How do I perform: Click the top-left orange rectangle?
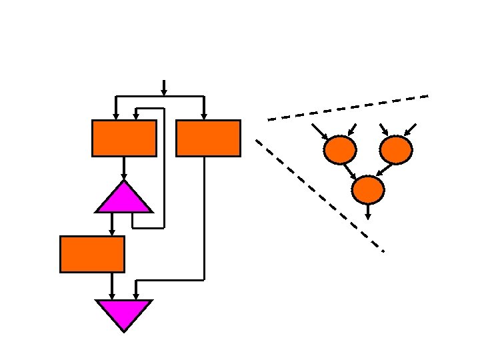pos(124,138)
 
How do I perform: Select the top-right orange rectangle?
pos(208,138)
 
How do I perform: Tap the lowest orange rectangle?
pos(92,254)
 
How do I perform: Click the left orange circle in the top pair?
pos(339,150)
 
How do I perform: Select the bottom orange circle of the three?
pos(368,190)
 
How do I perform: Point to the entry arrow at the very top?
pos(164,87)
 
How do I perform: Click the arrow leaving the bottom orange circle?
pos(368,211)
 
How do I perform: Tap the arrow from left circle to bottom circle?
pos(349,171)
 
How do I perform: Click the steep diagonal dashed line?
pos(320,195)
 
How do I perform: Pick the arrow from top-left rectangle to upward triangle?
pos(124,168)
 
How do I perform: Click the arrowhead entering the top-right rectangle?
pos(204,115)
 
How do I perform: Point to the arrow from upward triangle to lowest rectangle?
pos(112,224)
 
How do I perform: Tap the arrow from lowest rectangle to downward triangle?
pos(112,286)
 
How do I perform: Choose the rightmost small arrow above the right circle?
pos(411,129)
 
